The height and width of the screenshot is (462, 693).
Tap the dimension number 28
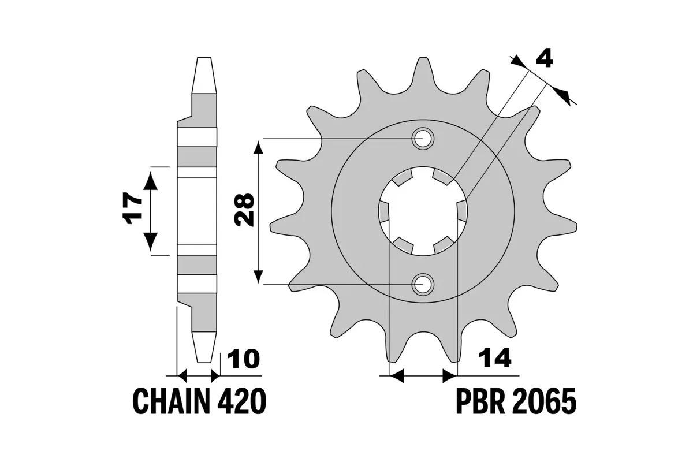(x=244, y=210)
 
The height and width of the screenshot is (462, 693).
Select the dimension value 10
(x=244, y=359)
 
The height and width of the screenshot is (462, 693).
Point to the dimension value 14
(x=494, y=358)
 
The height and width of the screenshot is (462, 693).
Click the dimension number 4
(x=544, y=59)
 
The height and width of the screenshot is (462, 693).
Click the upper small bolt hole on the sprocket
(x=423, y=139)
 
